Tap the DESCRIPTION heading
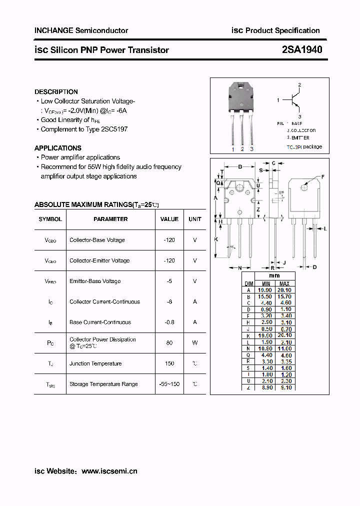point(56,92)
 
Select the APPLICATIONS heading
point(57,148)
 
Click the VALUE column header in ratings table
point(169,219)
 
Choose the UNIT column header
point(195,219)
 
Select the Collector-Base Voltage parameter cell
point(97,240)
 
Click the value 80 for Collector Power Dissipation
point(169,343)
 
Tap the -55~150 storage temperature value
point(169,384)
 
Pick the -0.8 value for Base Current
point(169,322)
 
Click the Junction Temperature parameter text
point(95,363)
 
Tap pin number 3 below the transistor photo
point(251,149)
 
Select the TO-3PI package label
point(304,147)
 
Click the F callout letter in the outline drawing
point(322,177)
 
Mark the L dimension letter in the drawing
point(325,228)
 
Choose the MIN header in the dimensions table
point(265,283)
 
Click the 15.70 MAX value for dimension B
point(284,296)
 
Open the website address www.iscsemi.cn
point(109,471)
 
